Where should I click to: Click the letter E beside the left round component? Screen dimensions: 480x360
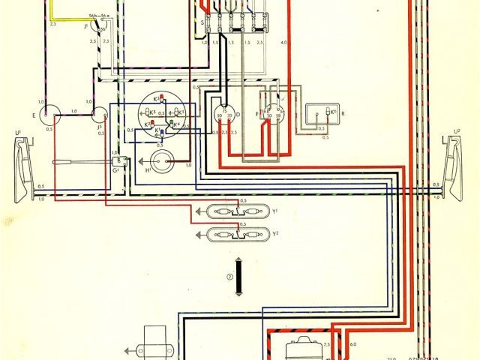coord(34,116)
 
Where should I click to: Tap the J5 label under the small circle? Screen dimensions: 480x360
coord(100,128)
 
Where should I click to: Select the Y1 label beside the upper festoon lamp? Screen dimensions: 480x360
coord(277,211)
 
